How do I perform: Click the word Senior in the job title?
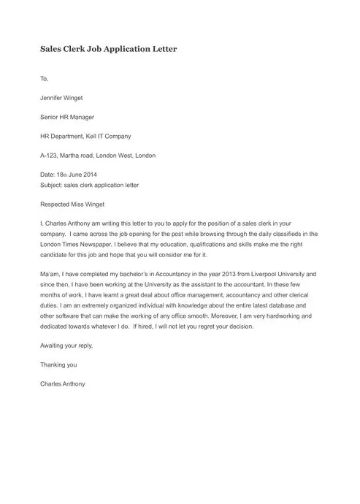coord(51,117)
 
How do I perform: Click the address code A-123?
coord(50,156)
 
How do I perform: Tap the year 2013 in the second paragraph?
coord(219,273)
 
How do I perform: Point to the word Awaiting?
coord(54,346)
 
